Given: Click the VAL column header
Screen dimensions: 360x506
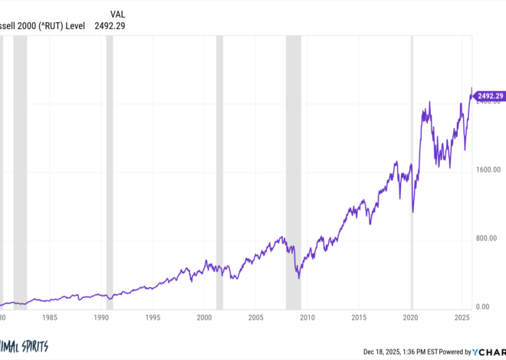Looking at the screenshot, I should coord(117,14).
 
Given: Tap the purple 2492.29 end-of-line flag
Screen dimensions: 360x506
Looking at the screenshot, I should coord(489,96).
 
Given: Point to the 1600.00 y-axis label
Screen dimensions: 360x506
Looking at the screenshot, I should coord(487,170).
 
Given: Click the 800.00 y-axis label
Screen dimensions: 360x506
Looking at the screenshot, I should coord(487,238).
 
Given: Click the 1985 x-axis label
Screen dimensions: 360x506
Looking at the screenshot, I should coord(49,316).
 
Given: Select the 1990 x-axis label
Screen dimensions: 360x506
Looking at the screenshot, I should coord(100,316).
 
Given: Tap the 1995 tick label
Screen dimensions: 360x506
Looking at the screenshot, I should coord(153,316).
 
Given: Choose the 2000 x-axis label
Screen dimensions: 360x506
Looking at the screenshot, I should coord(204,316).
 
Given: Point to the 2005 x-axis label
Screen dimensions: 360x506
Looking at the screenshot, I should coord(256,316).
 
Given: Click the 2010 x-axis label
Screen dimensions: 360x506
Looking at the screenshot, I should coord(307,316).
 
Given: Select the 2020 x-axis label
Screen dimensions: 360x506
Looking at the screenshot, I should coord(411,316).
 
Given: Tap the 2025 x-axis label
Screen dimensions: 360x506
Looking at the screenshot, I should coord(462,316).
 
